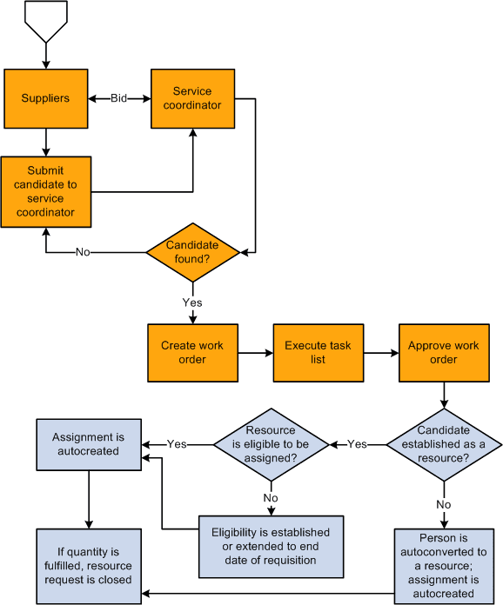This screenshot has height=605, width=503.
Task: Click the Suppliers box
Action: [45, 98]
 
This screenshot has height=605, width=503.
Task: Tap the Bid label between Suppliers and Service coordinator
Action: [118, 98]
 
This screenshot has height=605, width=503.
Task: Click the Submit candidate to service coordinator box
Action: [45, 191]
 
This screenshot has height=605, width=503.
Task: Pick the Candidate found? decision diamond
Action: [192, 253]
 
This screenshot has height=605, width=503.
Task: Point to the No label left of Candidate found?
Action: [82, 253]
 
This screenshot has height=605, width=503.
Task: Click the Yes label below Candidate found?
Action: [192, 302]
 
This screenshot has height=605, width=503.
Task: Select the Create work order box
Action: [192, 352]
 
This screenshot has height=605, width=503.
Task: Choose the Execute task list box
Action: [318, 352]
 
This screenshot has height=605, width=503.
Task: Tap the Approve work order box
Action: [444, 352]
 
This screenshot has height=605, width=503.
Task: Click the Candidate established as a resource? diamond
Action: [444, 444]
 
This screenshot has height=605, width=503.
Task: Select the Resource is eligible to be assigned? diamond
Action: [272, 444]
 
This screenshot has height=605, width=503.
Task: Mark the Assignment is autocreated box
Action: [88, 444]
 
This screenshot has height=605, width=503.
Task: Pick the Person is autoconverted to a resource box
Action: [444, 566]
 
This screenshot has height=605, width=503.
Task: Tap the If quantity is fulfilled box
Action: [88, 566]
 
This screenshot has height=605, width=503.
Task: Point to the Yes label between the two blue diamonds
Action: [357, 444]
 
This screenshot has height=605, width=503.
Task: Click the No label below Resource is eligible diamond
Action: [272, 499]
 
